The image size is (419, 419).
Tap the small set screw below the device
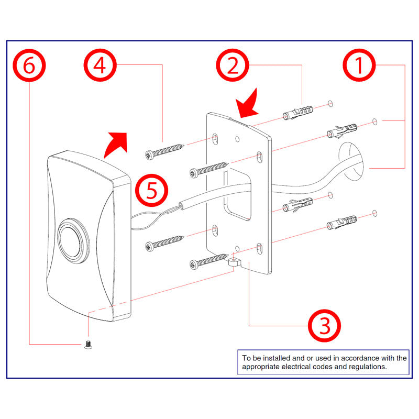(87, 344)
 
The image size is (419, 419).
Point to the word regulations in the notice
(369, 367)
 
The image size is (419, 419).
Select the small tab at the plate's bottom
(234, 261)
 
